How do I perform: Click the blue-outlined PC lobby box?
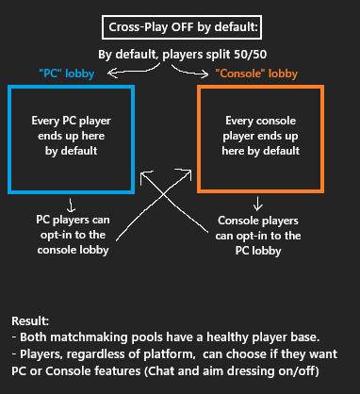point(71,139)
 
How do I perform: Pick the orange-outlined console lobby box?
point(261,139)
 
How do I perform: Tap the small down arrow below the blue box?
point(72,203)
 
